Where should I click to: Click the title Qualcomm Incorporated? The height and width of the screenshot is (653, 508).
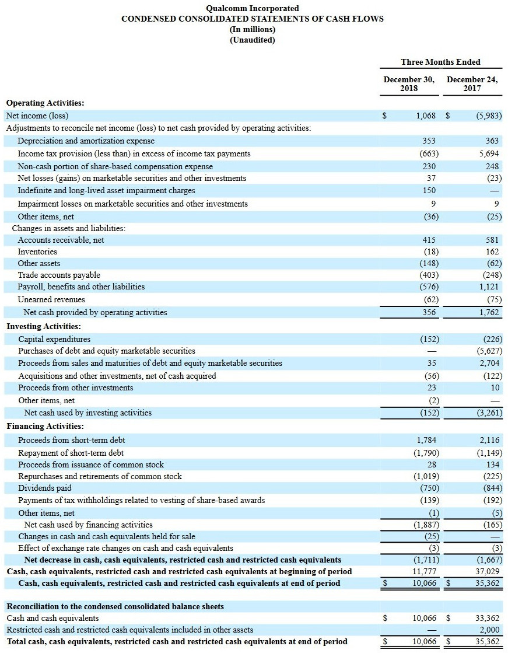[253, 8]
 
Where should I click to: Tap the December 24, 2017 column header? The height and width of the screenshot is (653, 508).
[472, 83]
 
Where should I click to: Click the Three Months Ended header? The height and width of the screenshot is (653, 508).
[440, 62]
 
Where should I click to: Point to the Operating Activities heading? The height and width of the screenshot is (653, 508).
[45, 103]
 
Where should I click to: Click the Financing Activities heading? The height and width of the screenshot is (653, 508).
[45, 426]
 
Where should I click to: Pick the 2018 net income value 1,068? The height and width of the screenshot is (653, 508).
[426, 116]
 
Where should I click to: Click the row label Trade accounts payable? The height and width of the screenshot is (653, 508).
[59, 275]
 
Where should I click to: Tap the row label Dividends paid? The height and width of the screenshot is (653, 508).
[45, 488]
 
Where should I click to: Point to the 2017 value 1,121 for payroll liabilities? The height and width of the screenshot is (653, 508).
[488, 287]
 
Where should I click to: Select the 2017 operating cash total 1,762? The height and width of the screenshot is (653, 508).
[488, 312]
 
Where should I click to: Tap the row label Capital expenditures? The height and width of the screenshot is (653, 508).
[54, 339]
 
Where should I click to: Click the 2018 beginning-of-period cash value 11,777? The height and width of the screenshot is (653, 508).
[424, 571]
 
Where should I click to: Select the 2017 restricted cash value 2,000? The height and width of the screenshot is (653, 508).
[488, 630]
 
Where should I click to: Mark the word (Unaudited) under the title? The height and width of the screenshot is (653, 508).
[253, 40]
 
